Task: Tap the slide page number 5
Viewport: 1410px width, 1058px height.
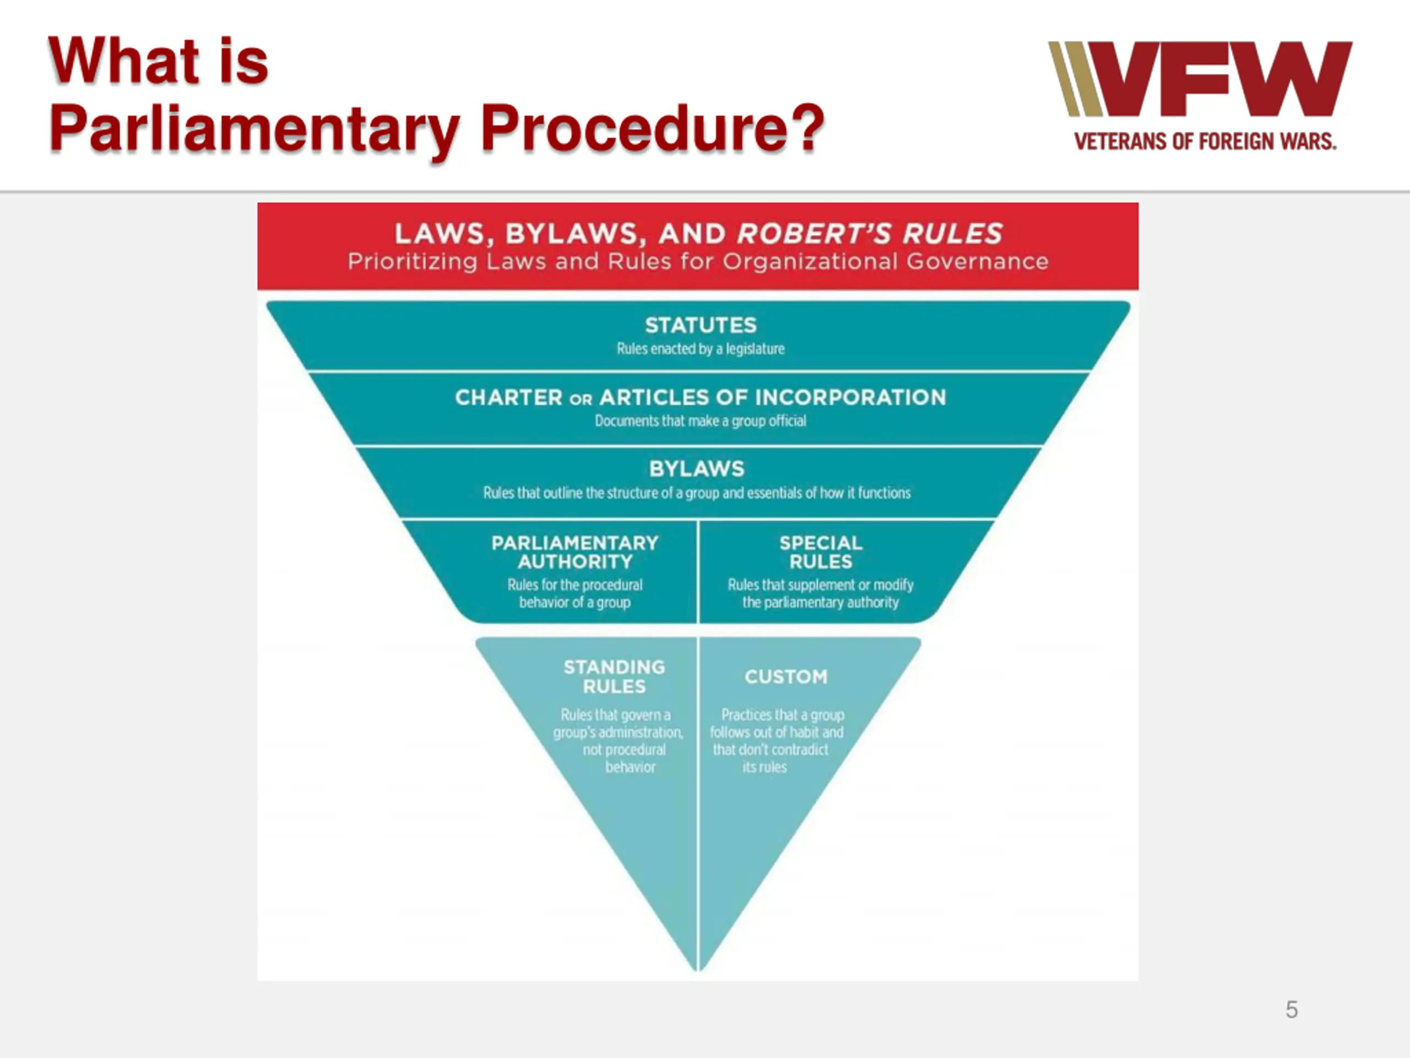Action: pyautogui.click(x=1292, y=1010)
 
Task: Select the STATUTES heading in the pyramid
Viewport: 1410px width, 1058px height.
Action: pyautogui.click(x=701, y=325)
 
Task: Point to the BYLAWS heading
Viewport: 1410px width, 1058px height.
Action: pyautogui.click(x=697, y=469)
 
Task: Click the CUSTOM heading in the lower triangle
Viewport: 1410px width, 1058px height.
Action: pyautogui.click(x=786, y=677)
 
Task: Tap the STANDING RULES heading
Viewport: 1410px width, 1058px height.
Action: pyautogui.click(x=615, y=677)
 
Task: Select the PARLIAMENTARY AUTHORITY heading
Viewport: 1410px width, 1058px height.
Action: pyautogui.click(x=575, y=552)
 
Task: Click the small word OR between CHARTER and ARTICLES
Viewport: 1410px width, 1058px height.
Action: pyautogui.click(x=581, y=399)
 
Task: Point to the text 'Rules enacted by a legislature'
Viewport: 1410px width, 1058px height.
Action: pyautogui.click(x=701, y=349)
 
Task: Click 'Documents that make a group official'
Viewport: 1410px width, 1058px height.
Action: pyautogui.click(x=701, y=421)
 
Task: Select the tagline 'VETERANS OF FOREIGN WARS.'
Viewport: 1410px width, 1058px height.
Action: pyautogui.click(x=1205, y=141)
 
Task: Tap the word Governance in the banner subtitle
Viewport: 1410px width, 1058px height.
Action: pyautogui.click(x=977, y=262)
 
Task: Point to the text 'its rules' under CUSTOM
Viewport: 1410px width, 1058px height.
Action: pyautogui.click(x=764, y=767)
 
